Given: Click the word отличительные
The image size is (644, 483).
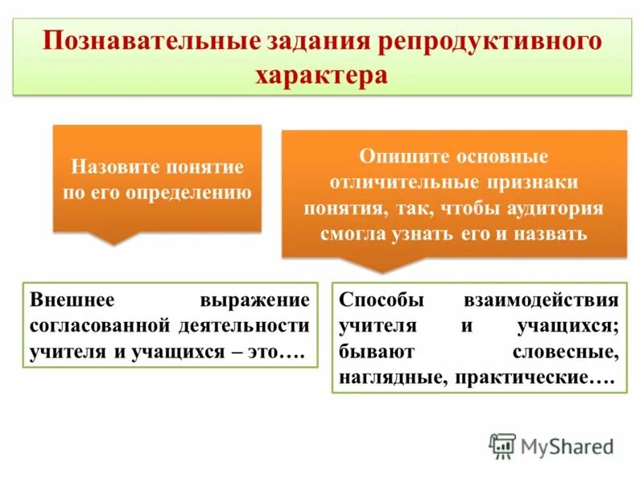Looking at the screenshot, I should pos(394,181).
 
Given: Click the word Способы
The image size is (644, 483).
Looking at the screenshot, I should pos(380,300).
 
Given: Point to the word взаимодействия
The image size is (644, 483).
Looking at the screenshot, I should pos(541,300).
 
